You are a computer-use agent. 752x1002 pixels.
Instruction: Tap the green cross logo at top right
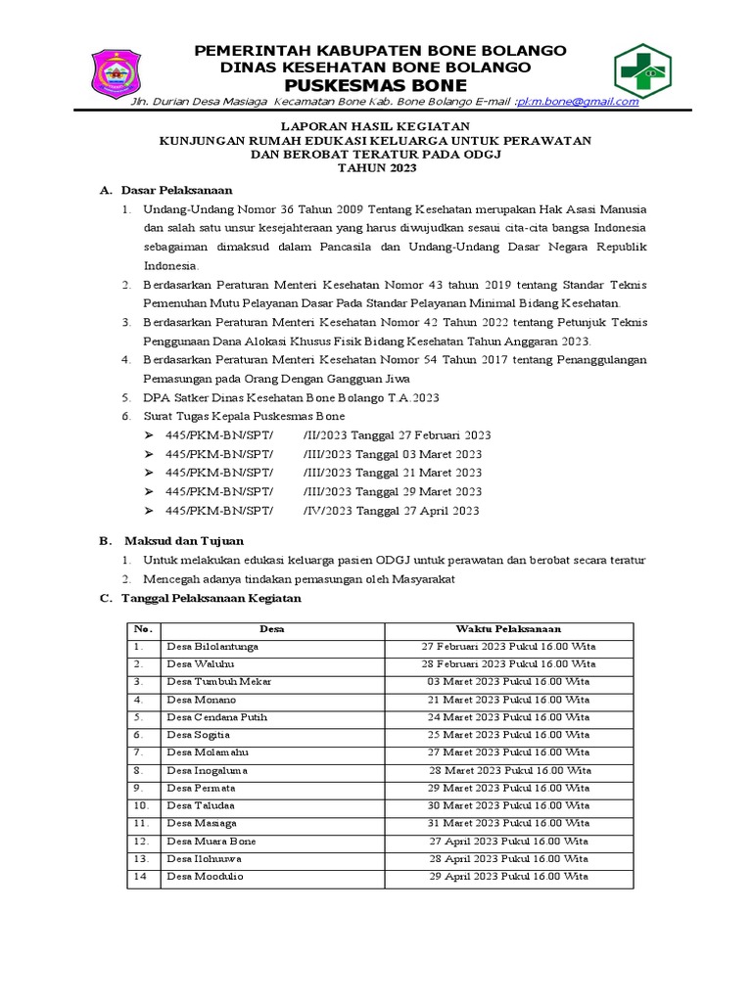[x=643, y=69]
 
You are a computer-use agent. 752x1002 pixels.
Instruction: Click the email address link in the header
[x=578, y=101]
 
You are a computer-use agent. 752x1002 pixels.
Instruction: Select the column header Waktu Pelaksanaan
[x=508, y=629]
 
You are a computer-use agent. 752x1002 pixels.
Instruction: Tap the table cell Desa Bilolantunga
[x=212, y=647]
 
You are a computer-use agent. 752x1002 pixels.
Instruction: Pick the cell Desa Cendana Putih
[x=216, y=717]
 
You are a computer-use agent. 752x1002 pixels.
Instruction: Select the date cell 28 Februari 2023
[x=508, y=664]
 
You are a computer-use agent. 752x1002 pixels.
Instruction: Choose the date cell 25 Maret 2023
[x=508, y=735]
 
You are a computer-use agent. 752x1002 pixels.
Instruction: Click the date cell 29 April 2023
[x=508, y=876]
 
